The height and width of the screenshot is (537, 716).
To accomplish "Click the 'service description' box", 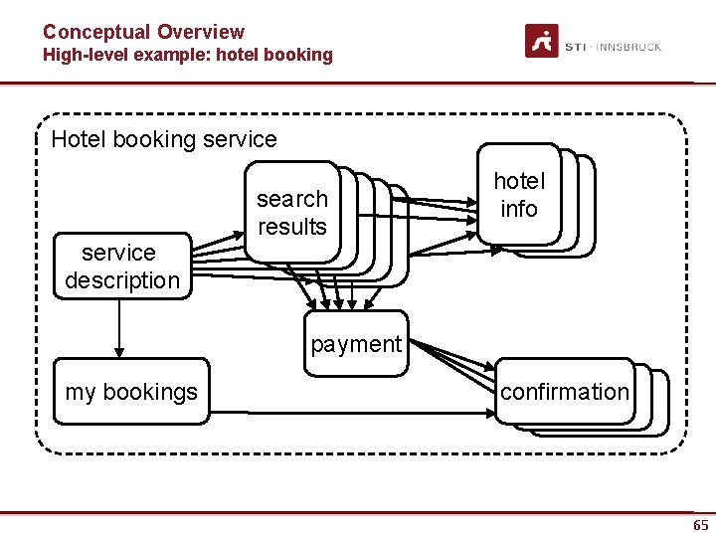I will coord(121,267).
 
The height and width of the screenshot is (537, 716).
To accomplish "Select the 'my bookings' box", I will coord(131,392).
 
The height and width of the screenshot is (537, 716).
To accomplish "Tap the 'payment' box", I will coord(355,344).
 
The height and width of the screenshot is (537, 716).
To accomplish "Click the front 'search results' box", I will coord(291,212).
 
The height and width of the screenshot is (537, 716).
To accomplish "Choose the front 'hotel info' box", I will coord(518,195).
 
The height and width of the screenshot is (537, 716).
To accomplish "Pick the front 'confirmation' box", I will coord(564,392).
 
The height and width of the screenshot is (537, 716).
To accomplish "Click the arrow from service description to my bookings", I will coord(119,327).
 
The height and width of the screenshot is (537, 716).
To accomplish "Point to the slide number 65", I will coord(701,525).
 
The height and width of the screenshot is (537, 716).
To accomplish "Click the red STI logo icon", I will coord(542,42).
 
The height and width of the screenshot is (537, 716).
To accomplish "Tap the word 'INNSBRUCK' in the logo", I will coord(628,47).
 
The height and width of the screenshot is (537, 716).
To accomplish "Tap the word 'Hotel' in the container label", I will coord(78,139).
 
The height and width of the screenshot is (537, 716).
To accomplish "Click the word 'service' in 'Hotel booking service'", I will coord(240,139).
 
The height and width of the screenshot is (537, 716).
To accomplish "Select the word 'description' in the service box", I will coord(122,280).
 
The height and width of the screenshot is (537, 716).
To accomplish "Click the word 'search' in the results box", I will coord(291,199).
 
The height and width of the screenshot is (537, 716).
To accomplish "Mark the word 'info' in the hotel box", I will coord(519,209).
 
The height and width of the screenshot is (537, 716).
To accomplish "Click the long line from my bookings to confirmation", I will coord(358,411).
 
